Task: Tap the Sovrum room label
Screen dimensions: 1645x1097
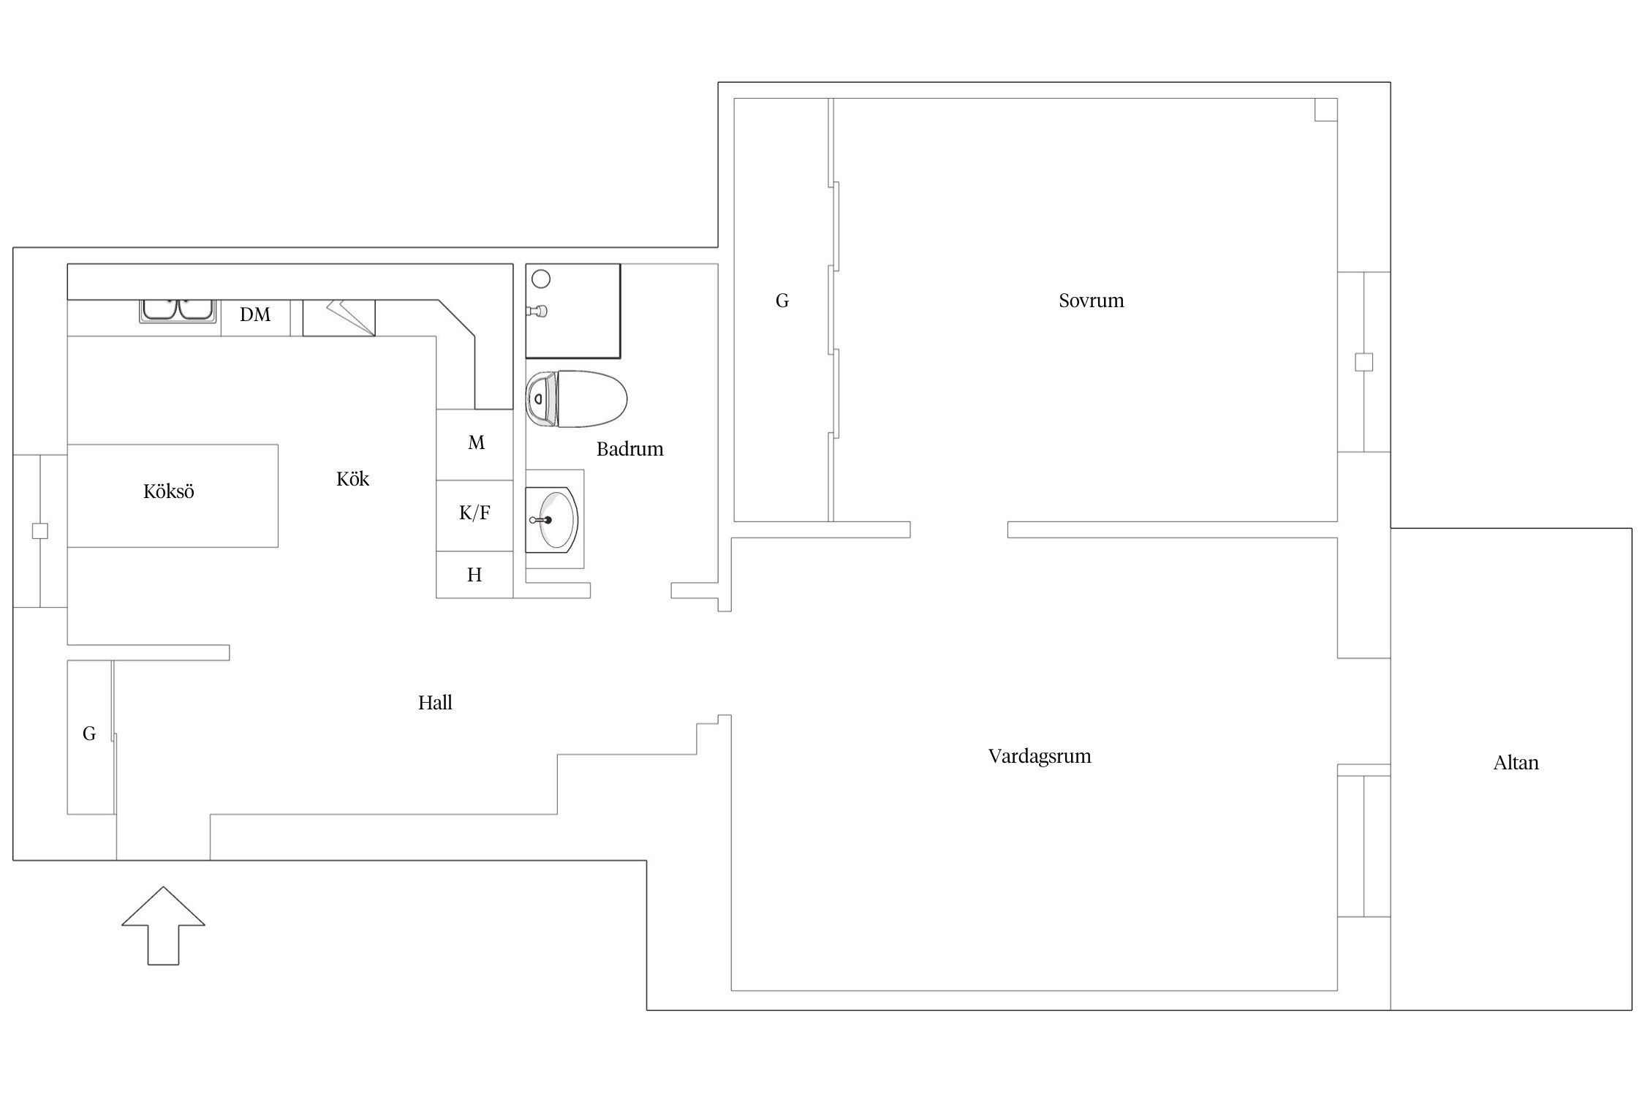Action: tap(1091, 301)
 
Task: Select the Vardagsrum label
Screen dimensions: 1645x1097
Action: tap(1039, 757)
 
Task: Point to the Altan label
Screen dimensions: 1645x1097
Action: tap(1516, 763)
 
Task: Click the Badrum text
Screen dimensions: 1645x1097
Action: tap(629, 449)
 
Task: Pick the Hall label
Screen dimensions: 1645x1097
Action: tap(435, 703)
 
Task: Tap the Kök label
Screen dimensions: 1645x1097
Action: tap(352, 479)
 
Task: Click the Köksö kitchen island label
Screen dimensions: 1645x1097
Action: tap(169, 491)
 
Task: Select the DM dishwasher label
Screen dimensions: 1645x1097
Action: tap(255, 314)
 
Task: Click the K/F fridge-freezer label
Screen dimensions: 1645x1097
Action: tap(474, 513)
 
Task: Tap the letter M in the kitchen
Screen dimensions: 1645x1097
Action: tap(476, 442)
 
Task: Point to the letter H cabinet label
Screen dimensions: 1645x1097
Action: tap(474, 576)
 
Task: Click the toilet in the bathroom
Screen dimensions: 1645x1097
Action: tap(577, 399)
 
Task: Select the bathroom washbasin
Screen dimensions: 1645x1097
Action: tap(552, 520)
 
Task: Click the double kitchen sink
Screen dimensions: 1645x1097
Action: tap(178, 311)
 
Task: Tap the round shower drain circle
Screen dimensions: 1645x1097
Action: tap(541, 279)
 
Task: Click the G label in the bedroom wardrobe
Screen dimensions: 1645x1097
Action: tap(782, 301)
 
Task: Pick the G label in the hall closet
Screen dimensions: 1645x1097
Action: tap(89, 734)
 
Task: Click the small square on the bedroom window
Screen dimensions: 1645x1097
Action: tap(1364, 362)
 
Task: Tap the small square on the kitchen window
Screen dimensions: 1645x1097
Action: tap(40, 531)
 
